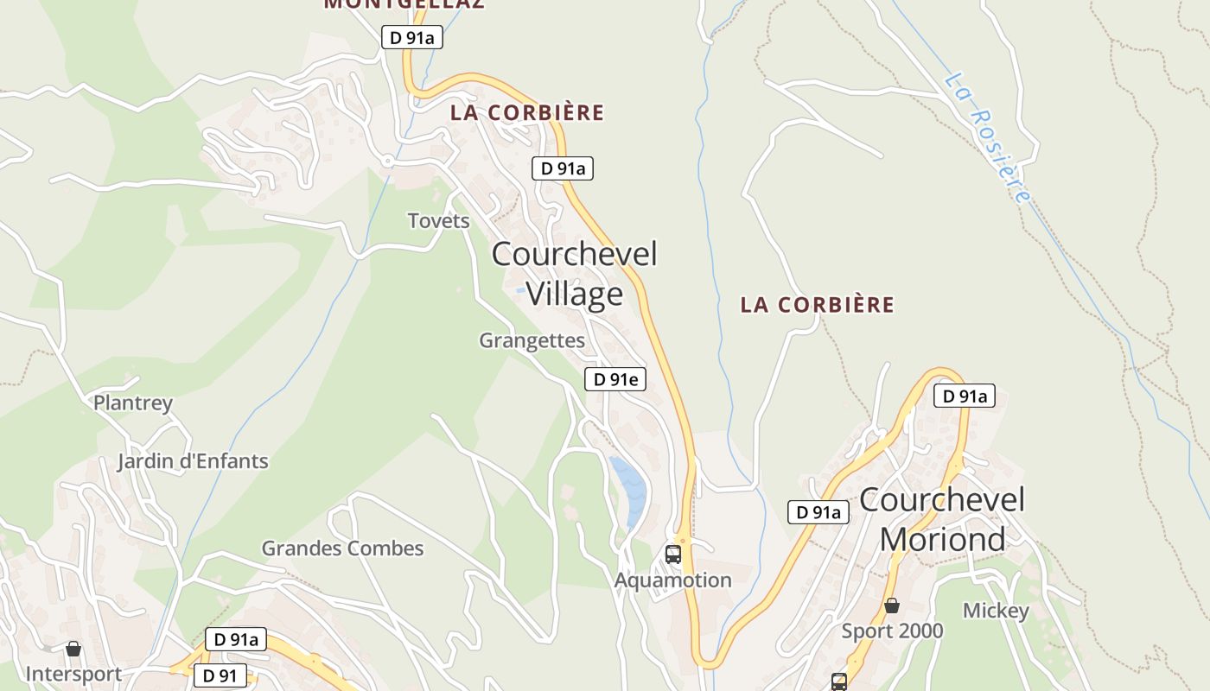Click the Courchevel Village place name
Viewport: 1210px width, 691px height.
click(x=575, y=274)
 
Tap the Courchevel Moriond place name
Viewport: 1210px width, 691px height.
click(x=942, y=519)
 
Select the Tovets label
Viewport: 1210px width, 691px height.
click(x=439, y=221)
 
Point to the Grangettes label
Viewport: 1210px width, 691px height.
click(x=532, y=341)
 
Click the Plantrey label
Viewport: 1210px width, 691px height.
click(x=133, y=403)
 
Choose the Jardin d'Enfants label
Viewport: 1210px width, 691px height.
click(x=193, y=461)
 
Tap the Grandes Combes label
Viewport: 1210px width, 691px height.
click(x=342, y=548)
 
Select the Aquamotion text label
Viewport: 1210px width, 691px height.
click(x=673, y=580)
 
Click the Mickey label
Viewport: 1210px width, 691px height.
click(x=996, y=612)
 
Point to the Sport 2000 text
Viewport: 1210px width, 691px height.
click(x=893, y=631)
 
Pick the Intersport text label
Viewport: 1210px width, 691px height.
click(x=73, y=674)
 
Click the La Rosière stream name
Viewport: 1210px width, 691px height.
click(x=988, y=138)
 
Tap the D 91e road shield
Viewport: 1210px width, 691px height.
click(x=615, y=379)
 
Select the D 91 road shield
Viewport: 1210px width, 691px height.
click(x=220, y=675)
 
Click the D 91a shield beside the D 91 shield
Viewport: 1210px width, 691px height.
click(x=236, y=640)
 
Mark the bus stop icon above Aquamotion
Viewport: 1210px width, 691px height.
click(x=673, y=555)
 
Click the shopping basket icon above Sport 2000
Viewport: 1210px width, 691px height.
click(x=891, y=606)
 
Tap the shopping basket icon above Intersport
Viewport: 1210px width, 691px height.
click(x=73, y=649)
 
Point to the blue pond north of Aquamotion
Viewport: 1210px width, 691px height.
click(x=629, y=491)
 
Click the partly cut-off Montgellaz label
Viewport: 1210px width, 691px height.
click(x=404, y=4)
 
